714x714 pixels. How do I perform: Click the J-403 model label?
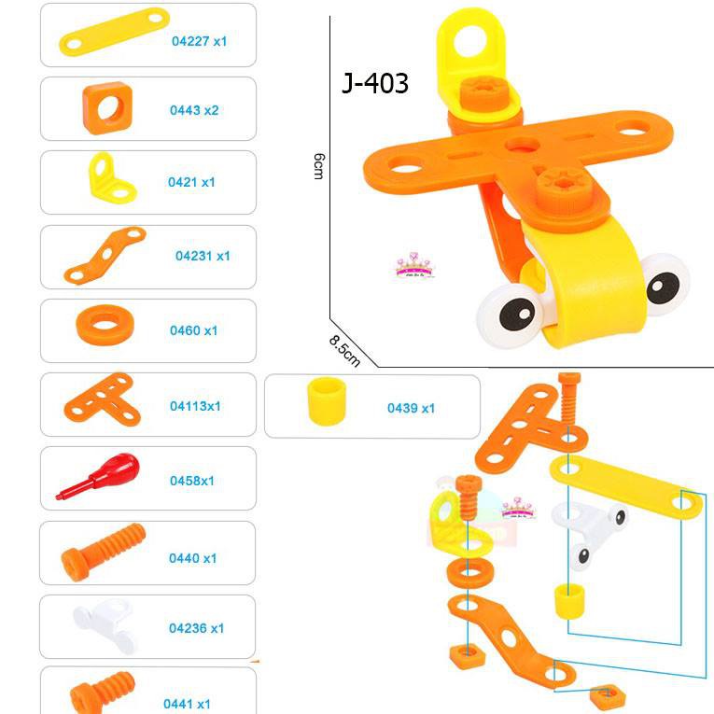375,84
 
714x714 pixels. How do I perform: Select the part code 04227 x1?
199,41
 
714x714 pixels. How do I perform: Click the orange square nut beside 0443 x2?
109,108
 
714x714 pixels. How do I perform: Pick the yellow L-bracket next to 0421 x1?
110,178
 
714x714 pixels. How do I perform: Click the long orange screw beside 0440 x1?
104,551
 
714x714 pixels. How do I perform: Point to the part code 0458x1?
192,481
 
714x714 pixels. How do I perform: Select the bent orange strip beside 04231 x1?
105,253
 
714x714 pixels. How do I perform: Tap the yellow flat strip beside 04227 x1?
115,31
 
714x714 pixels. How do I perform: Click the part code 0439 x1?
412,408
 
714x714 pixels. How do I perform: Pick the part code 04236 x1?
196,628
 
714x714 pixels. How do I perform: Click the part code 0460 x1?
193,330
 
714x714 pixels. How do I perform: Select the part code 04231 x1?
203,256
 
